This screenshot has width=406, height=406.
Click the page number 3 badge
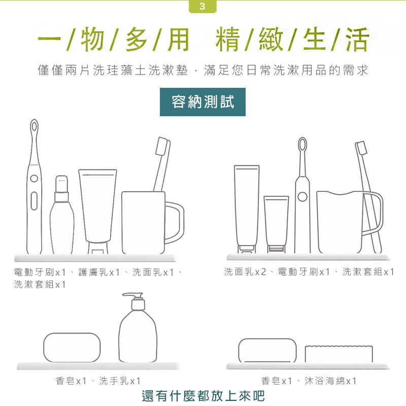202,6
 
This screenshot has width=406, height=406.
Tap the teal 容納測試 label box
202,102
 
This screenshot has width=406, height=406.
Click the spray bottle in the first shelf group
61,215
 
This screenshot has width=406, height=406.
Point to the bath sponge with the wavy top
339,354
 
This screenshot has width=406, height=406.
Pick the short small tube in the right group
276,224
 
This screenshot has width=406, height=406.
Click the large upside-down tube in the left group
97,212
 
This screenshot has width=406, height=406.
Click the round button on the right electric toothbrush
302,197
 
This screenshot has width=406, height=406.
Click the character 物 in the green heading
92,40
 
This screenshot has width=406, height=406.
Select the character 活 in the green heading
357,40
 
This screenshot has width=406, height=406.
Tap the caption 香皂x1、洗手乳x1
98,381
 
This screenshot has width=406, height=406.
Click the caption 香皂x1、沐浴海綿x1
309,381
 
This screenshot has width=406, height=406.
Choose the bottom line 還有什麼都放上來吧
203,396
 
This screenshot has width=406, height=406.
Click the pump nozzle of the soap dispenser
131,295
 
